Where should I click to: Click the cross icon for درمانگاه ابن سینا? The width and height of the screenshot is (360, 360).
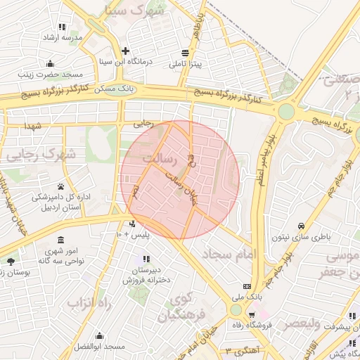click(125, 51)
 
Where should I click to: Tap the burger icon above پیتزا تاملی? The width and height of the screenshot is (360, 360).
click(185, 53)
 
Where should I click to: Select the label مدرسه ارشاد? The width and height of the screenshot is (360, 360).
click(63, 37)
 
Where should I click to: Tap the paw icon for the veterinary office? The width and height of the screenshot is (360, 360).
click(61, 187)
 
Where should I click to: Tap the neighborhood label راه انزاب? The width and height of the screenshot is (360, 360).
click(90, 302)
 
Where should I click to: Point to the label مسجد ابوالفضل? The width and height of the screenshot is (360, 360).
click(99, 347)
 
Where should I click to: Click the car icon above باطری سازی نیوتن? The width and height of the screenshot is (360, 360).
click(301, 226)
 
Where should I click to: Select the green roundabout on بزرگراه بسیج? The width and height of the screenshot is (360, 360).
click(286, 111)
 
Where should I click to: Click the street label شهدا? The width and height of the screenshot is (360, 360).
click(34, 125)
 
